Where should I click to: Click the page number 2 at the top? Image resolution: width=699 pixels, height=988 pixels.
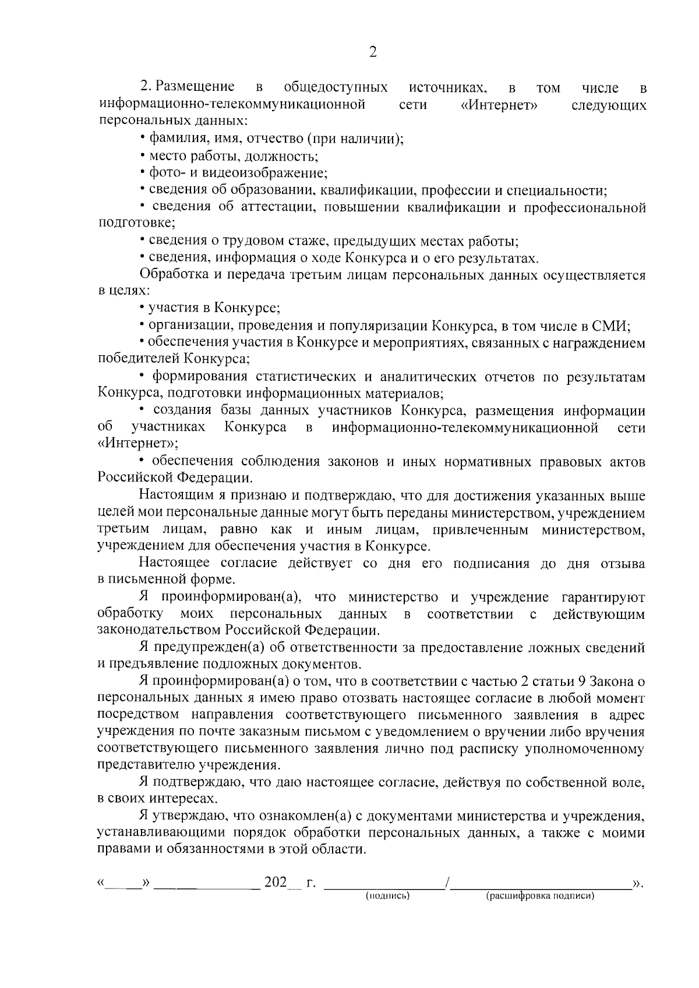point(373,52)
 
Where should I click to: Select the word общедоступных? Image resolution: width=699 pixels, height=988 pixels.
point(336,87)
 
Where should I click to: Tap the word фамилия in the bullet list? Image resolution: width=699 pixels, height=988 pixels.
point(171,139)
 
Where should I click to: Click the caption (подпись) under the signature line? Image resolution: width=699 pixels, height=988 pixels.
point(388,896)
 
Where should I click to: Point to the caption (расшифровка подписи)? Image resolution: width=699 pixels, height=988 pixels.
point(540,896)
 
